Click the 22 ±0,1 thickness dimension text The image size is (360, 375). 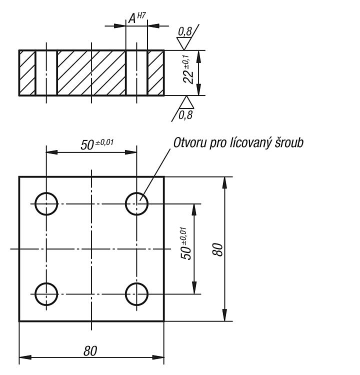coord(188,69)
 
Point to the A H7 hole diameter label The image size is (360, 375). coord(137,18)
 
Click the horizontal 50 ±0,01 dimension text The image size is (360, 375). coord(97,144)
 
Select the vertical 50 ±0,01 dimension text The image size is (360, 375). coord(186,243)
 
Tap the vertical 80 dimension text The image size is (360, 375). coord(217,249)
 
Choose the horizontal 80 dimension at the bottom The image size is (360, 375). coord(90,351)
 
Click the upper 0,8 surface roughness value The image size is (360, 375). coord(185,32)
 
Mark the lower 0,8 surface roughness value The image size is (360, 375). coord(185,115)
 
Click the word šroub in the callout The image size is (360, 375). coord(289,143)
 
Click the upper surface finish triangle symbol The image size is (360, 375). coord(183,43)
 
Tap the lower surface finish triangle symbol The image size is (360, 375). coord(186,102)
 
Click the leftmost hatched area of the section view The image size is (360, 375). coord(27,73)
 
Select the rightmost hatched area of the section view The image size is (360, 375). coord(155,73)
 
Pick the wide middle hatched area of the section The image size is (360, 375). coord(91,73)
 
